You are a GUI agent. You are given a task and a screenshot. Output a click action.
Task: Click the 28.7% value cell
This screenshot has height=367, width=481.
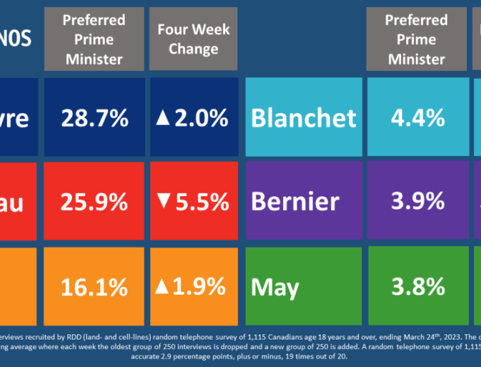coord(95,118)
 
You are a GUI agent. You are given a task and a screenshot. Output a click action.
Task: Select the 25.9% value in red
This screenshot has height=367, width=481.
coord(94,202)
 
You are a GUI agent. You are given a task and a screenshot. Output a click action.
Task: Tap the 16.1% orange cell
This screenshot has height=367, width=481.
coord(94,287)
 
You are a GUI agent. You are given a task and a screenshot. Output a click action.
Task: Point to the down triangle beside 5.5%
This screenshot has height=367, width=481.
coord(163,202)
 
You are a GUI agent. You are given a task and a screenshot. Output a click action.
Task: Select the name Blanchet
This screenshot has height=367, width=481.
coord(303,118)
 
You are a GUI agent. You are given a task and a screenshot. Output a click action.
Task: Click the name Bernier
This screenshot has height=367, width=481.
coord(295,202)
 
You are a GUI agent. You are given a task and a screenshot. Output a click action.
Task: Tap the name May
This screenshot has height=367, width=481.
coord(275,287)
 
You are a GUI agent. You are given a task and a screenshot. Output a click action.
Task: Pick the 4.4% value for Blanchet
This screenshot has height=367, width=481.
coord(417,118)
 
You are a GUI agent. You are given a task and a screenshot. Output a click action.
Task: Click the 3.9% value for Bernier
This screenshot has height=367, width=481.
coord(417,202)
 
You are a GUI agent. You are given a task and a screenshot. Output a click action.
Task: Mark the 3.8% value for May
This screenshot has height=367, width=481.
coord(417,287)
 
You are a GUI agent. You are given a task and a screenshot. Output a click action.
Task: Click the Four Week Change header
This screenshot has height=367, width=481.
coord(193,39)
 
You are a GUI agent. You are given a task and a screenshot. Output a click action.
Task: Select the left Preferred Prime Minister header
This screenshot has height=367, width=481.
coord(94,39)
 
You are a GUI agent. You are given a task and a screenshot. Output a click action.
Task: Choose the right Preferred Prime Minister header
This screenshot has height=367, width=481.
coord(416,39)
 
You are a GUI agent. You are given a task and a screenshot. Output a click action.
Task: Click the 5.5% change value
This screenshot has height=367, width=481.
coord(200,202)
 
